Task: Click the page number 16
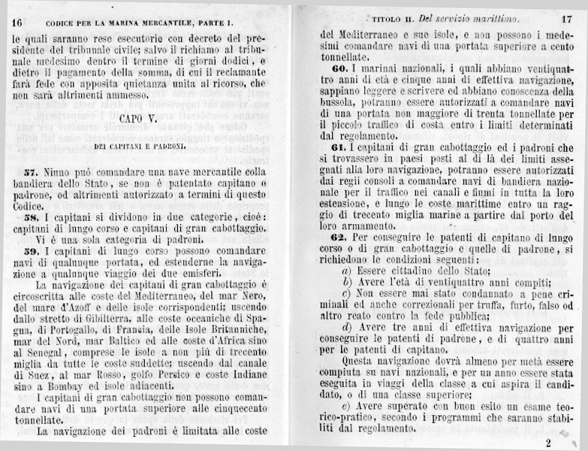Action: (x=17, y=22)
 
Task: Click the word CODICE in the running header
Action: (x=65, y=22)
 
